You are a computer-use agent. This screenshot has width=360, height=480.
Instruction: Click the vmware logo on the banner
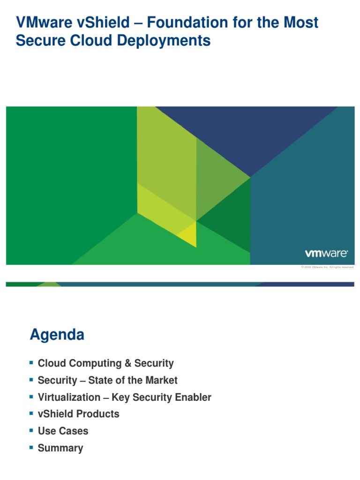coord(326,254)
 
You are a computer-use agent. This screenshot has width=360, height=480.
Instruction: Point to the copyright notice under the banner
coord(327,267)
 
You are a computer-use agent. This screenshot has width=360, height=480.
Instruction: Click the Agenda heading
coord(57,335)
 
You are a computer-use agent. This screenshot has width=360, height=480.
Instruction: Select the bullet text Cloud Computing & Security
coord(105,363)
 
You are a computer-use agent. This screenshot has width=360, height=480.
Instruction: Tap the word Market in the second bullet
coord(160,380)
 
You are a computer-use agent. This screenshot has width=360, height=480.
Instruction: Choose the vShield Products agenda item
coord(78,414)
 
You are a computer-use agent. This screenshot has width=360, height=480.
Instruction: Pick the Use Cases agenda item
coord(63,431)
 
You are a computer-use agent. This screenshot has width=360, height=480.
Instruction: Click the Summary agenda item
coord(60,448)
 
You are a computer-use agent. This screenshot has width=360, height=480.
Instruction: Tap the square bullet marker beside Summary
coord(31,447)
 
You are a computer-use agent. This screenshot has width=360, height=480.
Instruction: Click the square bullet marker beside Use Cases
coord(31,430)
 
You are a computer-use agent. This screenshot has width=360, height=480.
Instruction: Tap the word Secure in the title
coord(36,41)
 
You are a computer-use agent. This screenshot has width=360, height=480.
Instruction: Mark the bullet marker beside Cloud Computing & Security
coord(31,363)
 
